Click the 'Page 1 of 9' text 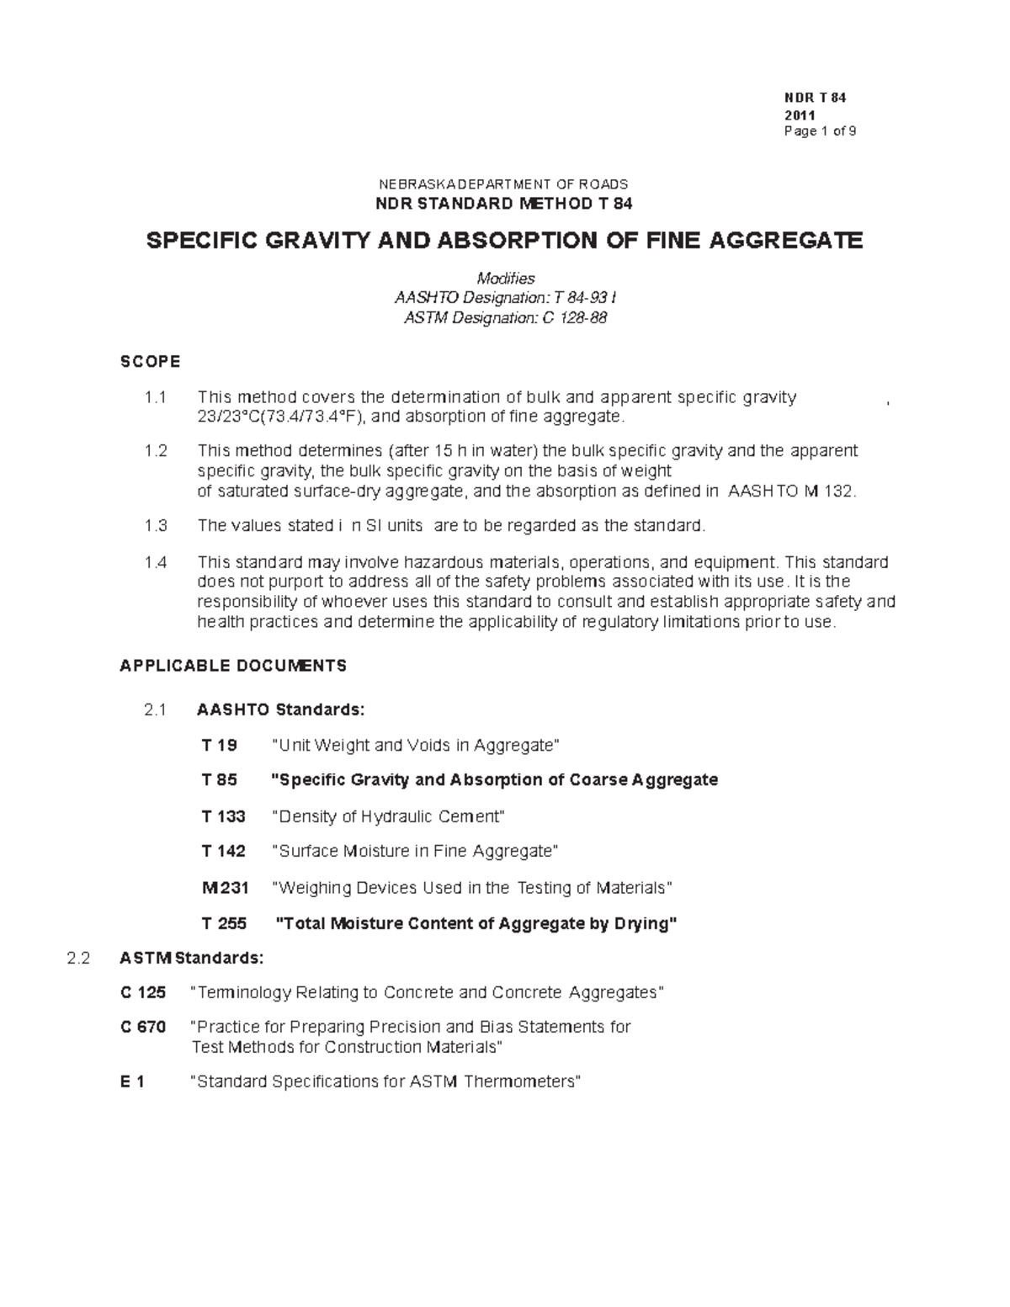819,131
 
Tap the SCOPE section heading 150,362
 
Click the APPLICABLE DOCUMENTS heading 233,666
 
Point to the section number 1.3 156,526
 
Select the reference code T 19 220,746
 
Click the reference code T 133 224,816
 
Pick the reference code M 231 225,888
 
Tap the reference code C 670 143,1028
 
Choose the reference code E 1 132,1082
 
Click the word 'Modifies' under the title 505,279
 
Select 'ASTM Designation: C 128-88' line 505,318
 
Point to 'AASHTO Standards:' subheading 281,709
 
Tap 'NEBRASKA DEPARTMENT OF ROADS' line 504,184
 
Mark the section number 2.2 78,958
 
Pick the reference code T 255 224,924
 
